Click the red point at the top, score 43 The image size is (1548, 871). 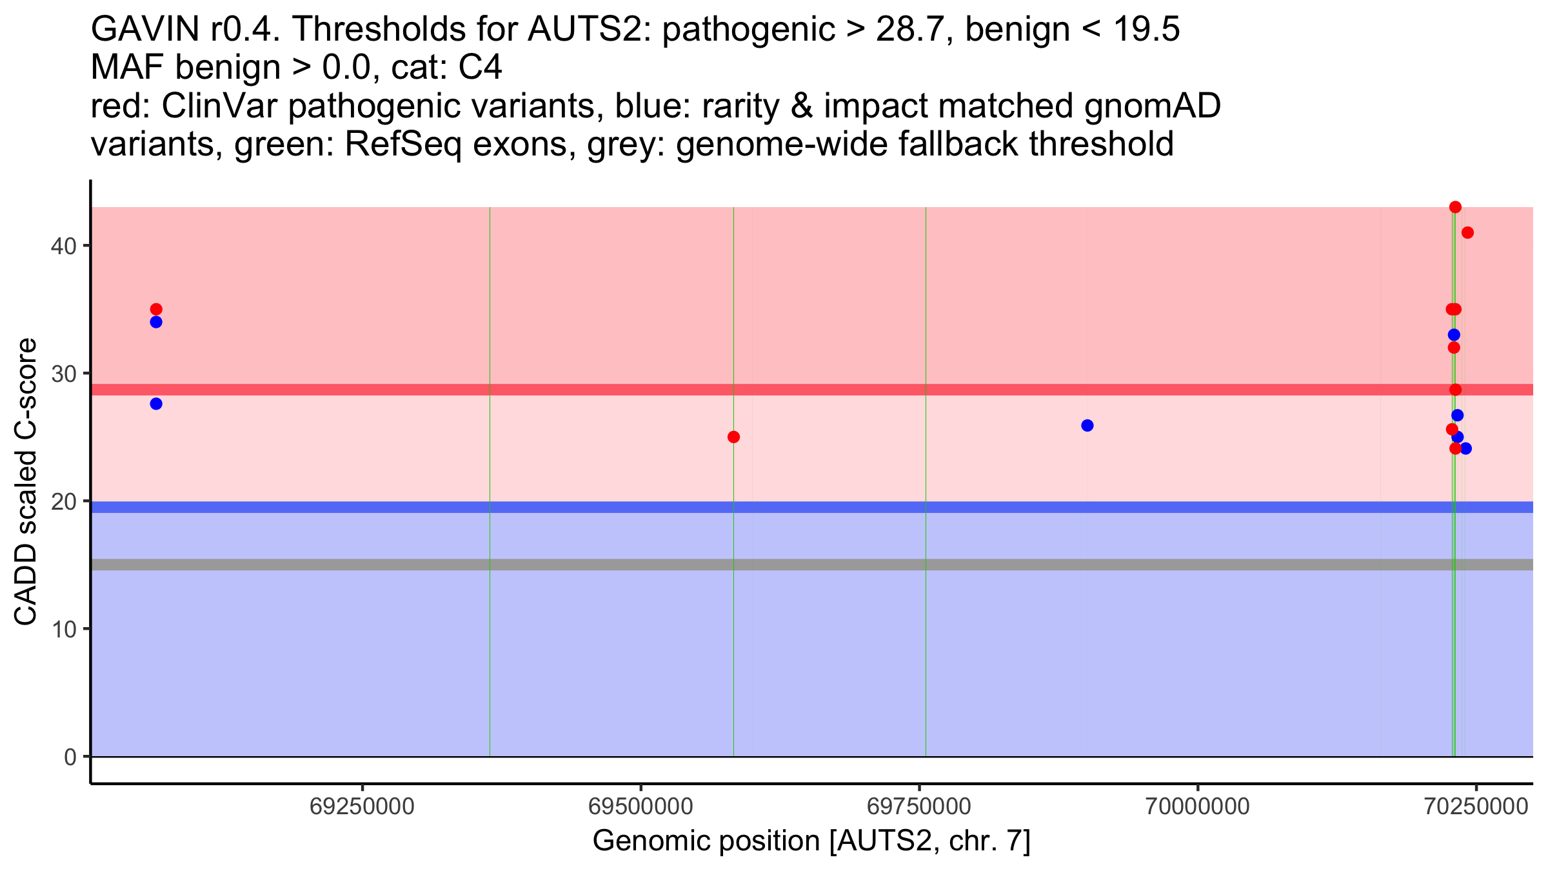click(1455, 207)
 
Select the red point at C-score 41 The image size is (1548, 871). click(1467, 232)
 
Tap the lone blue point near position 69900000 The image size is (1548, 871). click(1087, 425)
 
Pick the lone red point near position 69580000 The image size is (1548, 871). click(733, 437)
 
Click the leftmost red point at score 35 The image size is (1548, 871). click(156, 309)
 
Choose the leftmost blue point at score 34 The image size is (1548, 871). click(156, 322)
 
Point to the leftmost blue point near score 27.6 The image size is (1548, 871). click(156, 404)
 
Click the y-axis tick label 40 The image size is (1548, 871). click(63, 246)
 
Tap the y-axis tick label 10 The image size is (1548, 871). click(63, 629)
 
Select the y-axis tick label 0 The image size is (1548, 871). click(70, 757)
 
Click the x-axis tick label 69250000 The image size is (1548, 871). click(362, 806)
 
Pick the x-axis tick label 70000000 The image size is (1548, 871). click(1198, 806)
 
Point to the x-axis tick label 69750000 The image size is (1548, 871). click(919, 806)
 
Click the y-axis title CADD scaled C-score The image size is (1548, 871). click(26, 481)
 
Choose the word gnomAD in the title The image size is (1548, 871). click(1152, 106)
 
